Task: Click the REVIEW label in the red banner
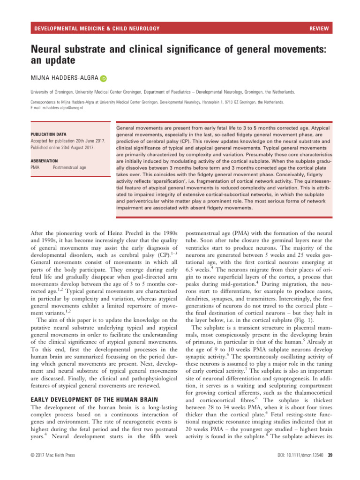[x=319, y=29]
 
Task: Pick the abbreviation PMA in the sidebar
[x=35, y=167]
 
